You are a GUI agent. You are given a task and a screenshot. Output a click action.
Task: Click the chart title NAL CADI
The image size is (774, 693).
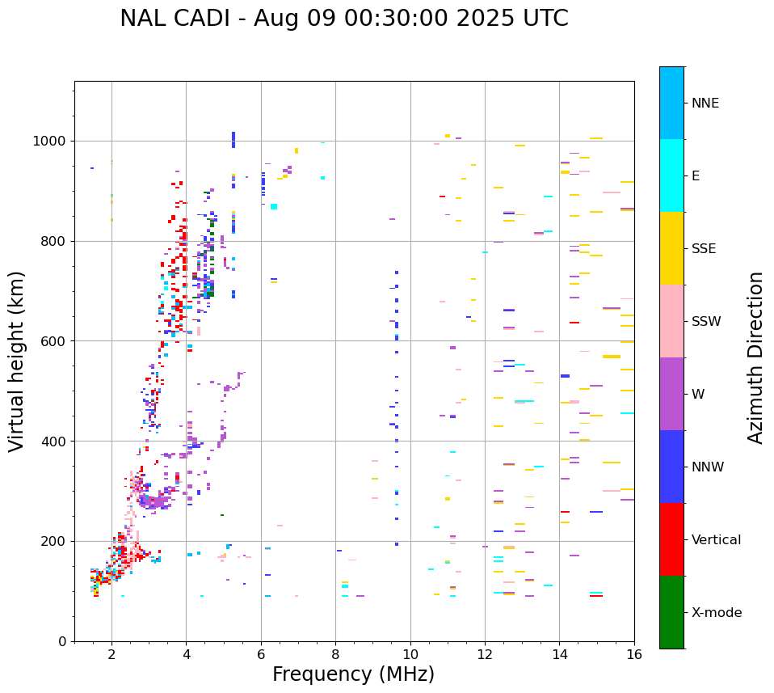(343, 19)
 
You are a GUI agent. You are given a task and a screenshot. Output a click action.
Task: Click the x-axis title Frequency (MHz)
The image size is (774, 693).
(353, 674)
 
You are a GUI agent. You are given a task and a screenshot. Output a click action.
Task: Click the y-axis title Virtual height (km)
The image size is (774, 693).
(17, 361)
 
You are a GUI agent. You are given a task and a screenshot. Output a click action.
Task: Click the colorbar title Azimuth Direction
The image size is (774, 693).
(755, 357)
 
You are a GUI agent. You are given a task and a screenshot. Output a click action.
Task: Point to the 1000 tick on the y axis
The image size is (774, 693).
(53, 142)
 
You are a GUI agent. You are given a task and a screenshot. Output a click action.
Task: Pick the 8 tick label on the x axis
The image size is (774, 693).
(335, 654)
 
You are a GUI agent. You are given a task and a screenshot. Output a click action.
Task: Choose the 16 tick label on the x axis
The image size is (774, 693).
(634, 654)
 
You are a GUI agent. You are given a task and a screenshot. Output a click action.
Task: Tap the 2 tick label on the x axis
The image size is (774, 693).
(111, 654)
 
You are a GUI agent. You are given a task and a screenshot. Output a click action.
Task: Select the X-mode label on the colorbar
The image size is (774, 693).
(717, 613)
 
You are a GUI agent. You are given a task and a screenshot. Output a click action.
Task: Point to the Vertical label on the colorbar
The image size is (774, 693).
(716, 540)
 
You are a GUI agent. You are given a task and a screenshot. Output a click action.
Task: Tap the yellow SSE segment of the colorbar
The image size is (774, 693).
(671, 248)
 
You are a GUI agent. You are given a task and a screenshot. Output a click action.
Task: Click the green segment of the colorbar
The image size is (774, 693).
(671, 612)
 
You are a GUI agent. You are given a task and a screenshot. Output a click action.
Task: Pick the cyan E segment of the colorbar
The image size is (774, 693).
(671, 175)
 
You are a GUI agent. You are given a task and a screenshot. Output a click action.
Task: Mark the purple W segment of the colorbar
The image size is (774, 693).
(671, 394)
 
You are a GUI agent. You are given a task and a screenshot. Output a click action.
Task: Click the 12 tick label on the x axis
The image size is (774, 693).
(485, 654)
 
